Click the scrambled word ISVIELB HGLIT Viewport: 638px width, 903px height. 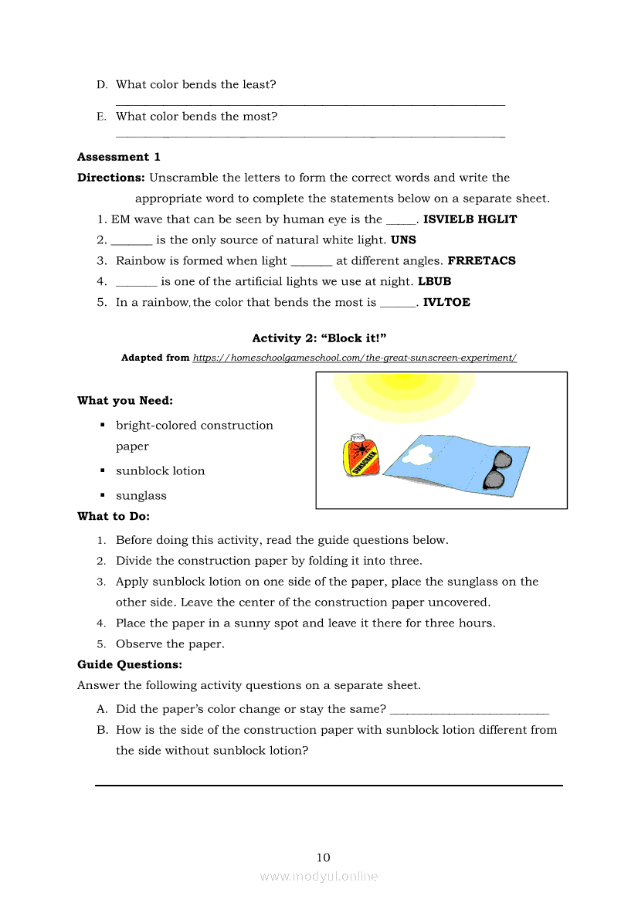click(x=470, y=219)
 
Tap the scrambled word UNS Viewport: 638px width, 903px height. click(x=403, y=240)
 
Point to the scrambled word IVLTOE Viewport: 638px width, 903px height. click(x=446, y=303)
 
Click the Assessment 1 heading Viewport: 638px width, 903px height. click(x=119, y=157)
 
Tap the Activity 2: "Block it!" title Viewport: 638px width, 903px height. click(x=319, y=338)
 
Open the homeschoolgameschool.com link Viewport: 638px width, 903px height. click(x=355, y=358)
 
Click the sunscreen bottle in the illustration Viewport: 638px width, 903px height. click(x=359, y=456)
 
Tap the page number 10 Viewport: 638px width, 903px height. click(x=323, y=857)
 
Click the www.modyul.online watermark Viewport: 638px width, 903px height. click(x=319, y=877)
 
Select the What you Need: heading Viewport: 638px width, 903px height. click(x=125, y=401)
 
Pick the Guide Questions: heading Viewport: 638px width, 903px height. click(x=130, y=664)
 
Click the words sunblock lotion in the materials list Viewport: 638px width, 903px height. click(x=161, y=471)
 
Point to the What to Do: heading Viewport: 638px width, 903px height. click(x=114, y=516)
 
